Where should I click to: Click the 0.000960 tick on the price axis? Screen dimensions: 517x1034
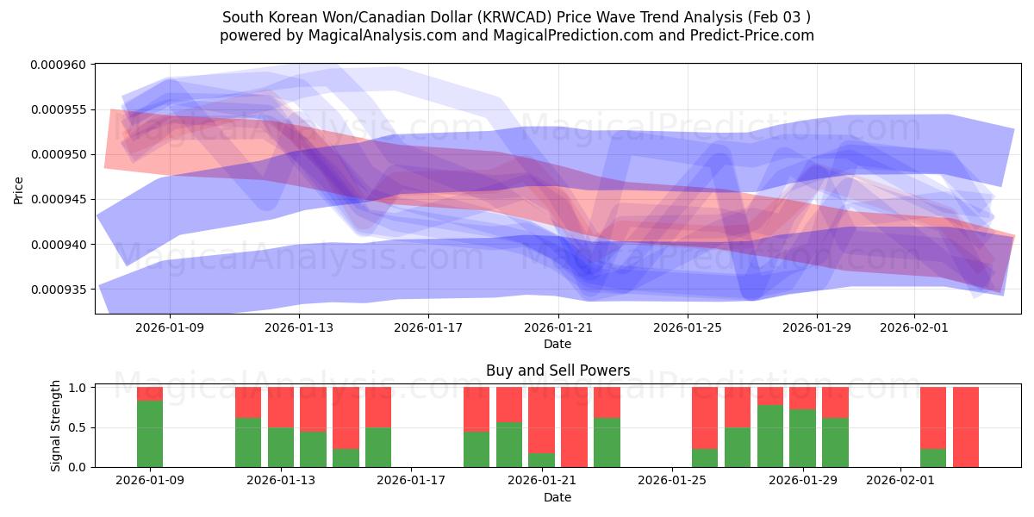coord(59,65)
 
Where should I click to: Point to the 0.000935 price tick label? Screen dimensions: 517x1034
coord(59,289)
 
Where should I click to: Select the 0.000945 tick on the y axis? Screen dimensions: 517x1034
coord(59,199)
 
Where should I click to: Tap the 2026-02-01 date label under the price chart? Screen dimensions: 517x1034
coord(914,327)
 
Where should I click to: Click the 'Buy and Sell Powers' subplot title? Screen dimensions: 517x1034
coord(557,371)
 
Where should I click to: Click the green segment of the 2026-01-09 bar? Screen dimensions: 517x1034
coord(150,433)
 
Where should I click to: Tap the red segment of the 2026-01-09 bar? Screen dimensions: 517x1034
coord(150,394)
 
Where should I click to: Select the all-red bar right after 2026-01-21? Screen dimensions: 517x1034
coord(574,427)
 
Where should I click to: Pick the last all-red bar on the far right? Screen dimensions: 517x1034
coord(965,427)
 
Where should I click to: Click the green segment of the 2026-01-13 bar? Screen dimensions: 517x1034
coord(281,447)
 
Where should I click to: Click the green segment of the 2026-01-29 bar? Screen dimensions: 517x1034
coord(803,438)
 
